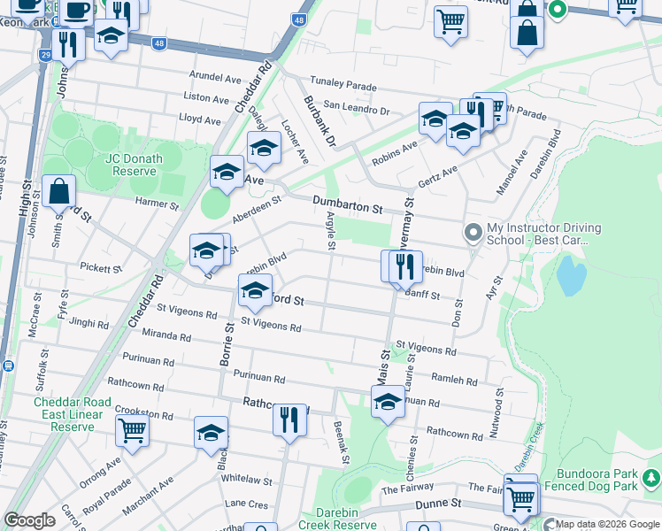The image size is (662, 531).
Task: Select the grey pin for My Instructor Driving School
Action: (473, 234)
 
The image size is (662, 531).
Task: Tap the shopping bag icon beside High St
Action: (58, 191)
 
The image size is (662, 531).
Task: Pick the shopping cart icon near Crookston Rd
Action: (132, 431)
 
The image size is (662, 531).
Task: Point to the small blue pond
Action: (571, 278)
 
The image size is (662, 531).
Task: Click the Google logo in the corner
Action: (29, 520)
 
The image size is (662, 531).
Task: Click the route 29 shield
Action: (45, 55)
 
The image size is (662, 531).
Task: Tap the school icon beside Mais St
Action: (387, 404)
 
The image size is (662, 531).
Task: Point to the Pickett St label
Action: (99, 267)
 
